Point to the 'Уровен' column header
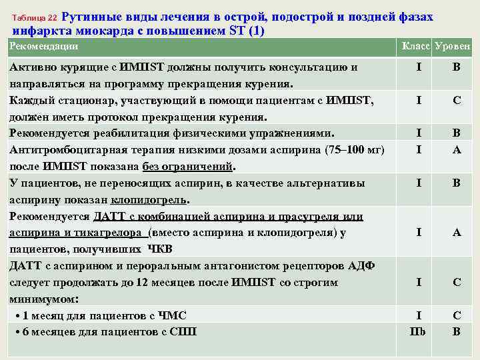454,47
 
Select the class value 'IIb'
418,331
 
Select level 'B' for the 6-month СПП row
457,331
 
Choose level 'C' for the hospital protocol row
457,100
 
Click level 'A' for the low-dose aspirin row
457,149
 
